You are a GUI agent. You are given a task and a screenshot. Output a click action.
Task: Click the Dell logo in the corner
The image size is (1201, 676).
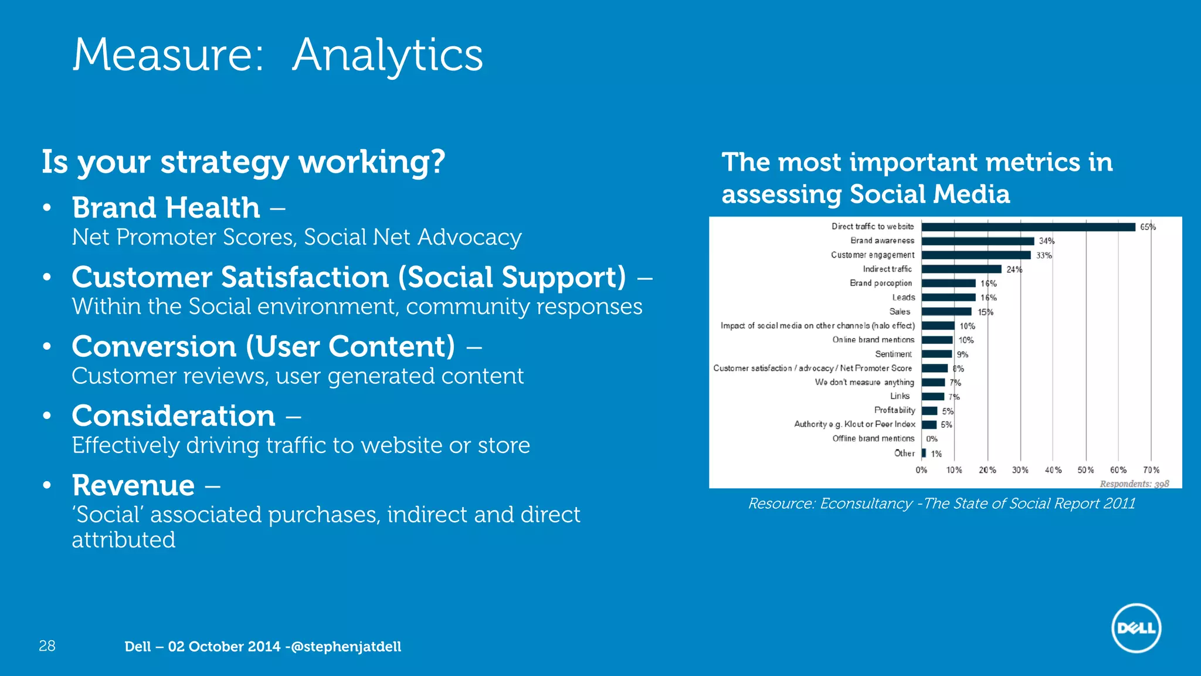1136,628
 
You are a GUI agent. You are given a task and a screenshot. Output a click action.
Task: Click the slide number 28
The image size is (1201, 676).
47,646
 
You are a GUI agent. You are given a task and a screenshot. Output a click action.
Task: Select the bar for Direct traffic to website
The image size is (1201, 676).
1028,227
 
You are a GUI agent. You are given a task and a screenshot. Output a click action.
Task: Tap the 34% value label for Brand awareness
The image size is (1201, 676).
1046,241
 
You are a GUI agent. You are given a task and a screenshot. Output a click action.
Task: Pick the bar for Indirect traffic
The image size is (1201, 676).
961,269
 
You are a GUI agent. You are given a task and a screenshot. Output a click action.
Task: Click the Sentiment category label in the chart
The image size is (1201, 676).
893,354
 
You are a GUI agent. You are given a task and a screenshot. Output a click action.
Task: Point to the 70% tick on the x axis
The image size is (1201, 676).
1151,470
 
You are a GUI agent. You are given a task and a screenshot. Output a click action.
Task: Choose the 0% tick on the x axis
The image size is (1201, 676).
921,470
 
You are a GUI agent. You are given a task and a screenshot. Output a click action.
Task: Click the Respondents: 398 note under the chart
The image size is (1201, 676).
1134,484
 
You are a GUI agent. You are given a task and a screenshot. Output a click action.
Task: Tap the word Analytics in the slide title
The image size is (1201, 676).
387,55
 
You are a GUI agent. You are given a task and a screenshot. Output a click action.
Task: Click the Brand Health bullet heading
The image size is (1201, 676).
166,208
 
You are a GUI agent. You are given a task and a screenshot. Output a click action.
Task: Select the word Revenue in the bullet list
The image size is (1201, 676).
133,485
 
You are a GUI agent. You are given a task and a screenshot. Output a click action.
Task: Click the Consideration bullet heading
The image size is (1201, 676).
174,416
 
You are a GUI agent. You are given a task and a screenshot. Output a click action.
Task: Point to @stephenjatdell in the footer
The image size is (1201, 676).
346,647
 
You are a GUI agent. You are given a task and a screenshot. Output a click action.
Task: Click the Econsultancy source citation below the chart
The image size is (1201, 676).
941,503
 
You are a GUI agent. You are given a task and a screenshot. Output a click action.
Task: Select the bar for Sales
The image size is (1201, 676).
946,312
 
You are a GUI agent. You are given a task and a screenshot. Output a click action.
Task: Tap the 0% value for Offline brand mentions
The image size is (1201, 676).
932,439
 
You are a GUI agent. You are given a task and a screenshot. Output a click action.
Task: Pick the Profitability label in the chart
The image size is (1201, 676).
894,410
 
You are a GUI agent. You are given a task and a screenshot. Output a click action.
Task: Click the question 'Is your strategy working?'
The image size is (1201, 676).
243,162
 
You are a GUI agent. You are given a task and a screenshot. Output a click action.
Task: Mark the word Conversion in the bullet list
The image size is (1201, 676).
154,347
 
